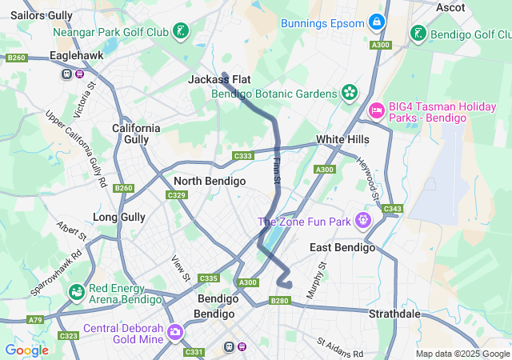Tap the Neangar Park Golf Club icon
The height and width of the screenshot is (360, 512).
click(182, 32)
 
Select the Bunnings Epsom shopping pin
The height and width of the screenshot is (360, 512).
click(377, 22)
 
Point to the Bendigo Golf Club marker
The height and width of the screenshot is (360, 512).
click(418, 34)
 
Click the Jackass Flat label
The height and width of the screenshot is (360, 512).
click(220, 79)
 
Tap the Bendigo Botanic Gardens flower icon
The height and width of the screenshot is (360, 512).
click(349, 94)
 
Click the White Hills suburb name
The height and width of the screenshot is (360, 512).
click(342, 139)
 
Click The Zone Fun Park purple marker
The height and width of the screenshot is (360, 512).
click(364, 218)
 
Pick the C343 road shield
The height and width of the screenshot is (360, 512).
click(392, 210)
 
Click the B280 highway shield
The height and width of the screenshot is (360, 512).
click(279, 301)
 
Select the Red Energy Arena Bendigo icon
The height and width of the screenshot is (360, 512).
click(76, 293)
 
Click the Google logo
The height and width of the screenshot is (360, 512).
click(26, 350)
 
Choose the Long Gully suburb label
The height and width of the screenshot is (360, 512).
click(119, 217)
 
